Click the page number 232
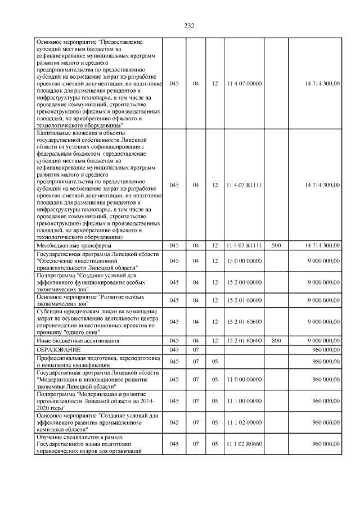click(189, 25)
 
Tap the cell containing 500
click(276, 246)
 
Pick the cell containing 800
click(276, 341)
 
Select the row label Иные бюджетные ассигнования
click(76, 341)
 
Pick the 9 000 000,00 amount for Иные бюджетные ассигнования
click(323, 341)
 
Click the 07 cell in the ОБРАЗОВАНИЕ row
click(196, 350)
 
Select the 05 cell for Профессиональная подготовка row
click(214, 361)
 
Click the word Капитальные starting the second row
click(54, 133)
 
